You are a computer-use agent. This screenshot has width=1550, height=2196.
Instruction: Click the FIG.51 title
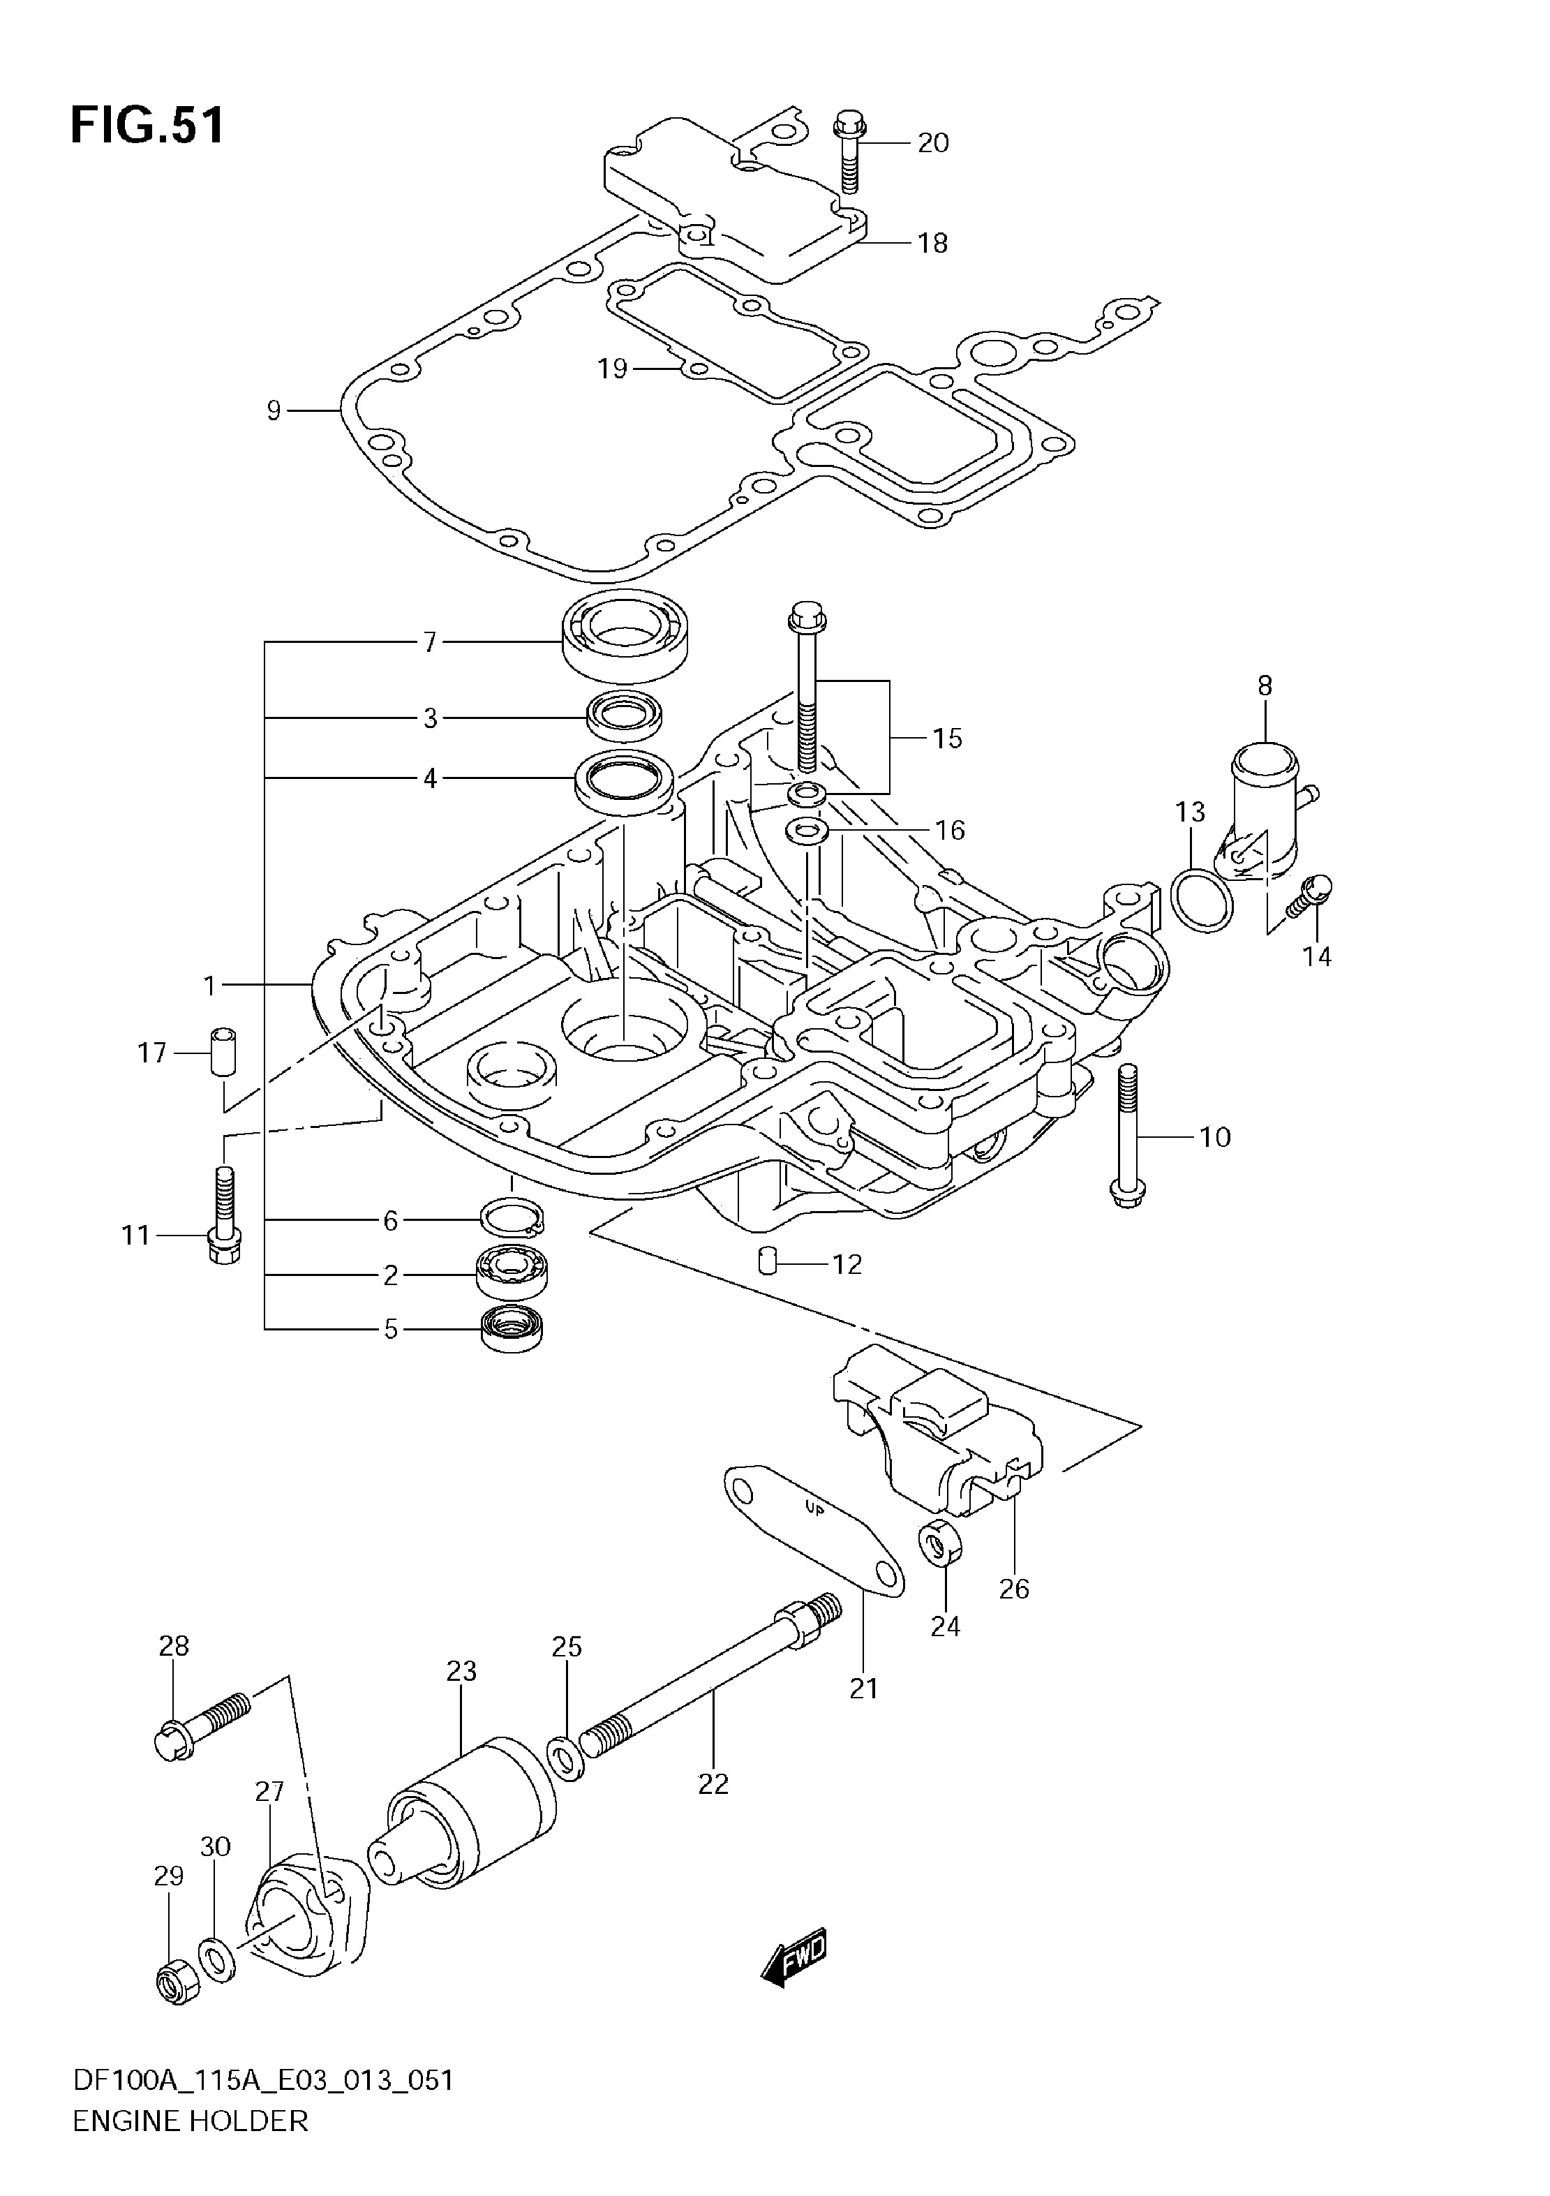pos(147,125)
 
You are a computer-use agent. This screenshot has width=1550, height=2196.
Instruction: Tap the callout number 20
pos(932,142)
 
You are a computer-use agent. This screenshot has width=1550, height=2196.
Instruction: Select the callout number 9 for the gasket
pos(274,411)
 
